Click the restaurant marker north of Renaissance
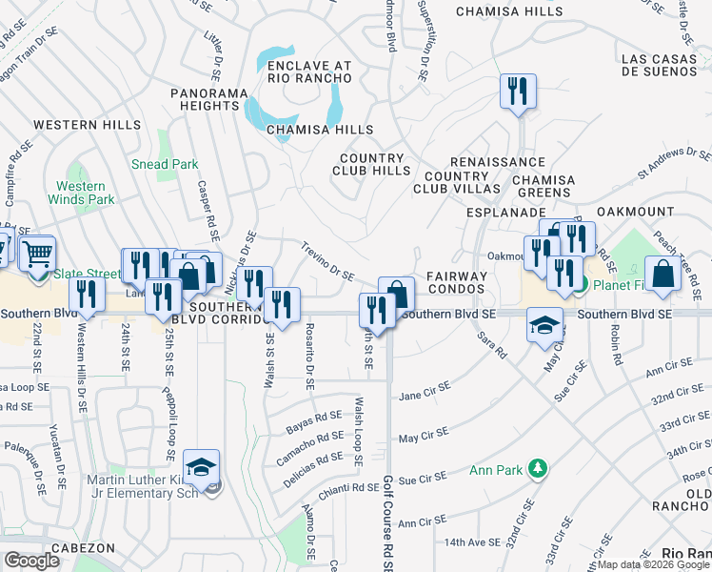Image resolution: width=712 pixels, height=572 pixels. (519, 92)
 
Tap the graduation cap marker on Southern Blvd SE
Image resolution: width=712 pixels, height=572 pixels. (545, 326)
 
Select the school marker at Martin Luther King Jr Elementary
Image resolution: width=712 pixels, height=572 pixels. (203, 467)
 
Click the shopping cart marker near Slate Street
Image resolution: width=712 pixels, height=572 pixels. (37, 255)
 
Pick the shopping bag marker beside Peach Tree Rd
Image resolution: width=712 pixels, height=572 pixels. (663, 274)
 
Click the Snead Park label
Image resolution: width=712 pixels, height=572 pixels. (165, 164)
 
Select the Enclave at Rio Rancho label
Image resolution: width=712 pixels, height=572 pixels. (296, 72)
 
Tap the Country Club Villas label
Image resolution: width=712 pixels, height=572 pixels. (457, 182)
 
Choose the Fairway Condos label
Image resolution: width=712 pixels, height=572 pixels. (456, 282)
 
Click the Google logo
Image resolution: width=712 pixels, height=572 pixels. (31, 561)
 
